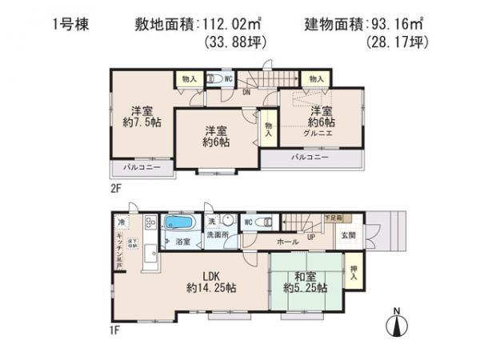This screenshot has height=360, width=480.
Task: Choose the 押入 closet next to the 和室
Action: tap(354, 272)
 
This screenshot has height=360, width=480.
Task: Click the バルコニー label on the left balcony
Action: tap(141, 168)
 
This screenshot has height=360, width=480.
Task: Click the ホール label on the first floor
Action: tap(288, 242)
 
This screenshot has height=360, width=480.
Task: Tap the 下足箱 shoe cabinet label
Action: tap(333, 218)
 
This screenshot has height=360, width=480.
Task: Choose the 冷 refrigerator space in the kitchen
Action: tap(122, 221)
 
